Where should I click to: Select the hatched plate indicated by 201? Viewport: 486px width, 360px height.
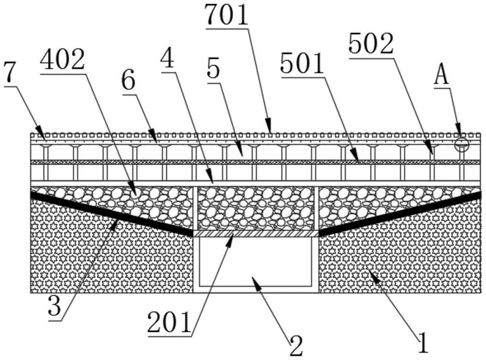tap(256, 234)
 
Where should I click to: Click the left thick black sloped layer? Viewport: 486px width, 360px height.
tap(112, 213)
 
